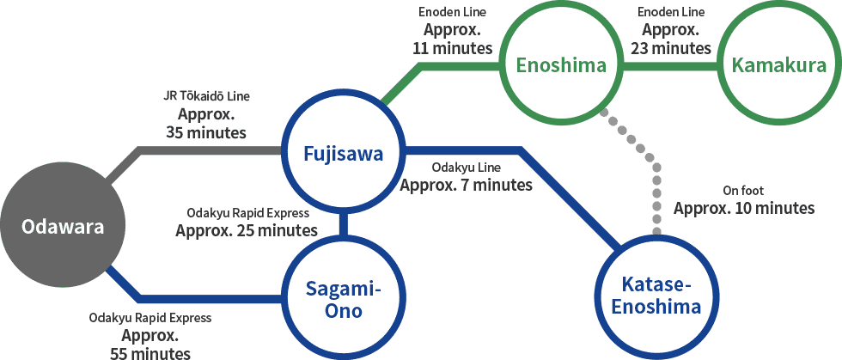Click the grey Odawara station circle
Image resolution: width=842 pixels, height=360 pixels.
63,228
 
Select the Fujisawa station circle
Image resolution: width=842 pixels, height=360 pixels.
344,154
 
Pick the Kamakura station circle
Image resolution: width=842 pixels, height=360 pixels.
779,65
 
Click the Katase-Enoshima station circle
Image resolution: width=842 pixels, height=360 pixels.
656,298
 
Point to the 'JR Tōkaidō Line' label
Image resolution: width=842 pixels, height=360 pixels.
207,97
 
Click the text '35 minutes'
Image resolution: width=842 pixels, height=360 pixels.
207,132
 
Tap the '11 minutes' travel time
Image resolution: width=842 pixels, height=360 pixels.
453,48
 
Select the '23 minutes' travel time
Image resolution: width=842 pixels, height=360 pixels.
671,48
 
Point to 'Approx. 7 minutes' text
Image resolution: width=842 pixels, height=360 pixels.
466,186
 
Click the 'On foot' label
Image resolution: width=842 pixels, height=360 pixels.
744,191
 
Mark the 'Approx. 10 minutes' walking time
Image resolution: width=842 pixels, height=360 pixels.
744,209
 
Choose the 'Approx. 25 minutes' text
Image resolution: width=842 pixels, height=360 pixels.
247,231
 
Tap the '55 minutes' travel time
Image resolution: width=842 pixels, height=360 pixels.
150,353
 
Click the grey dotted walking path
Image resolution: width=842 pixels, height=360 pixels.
651,162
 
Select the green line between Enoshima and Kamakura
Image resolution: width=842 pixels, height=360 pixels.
670,66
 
